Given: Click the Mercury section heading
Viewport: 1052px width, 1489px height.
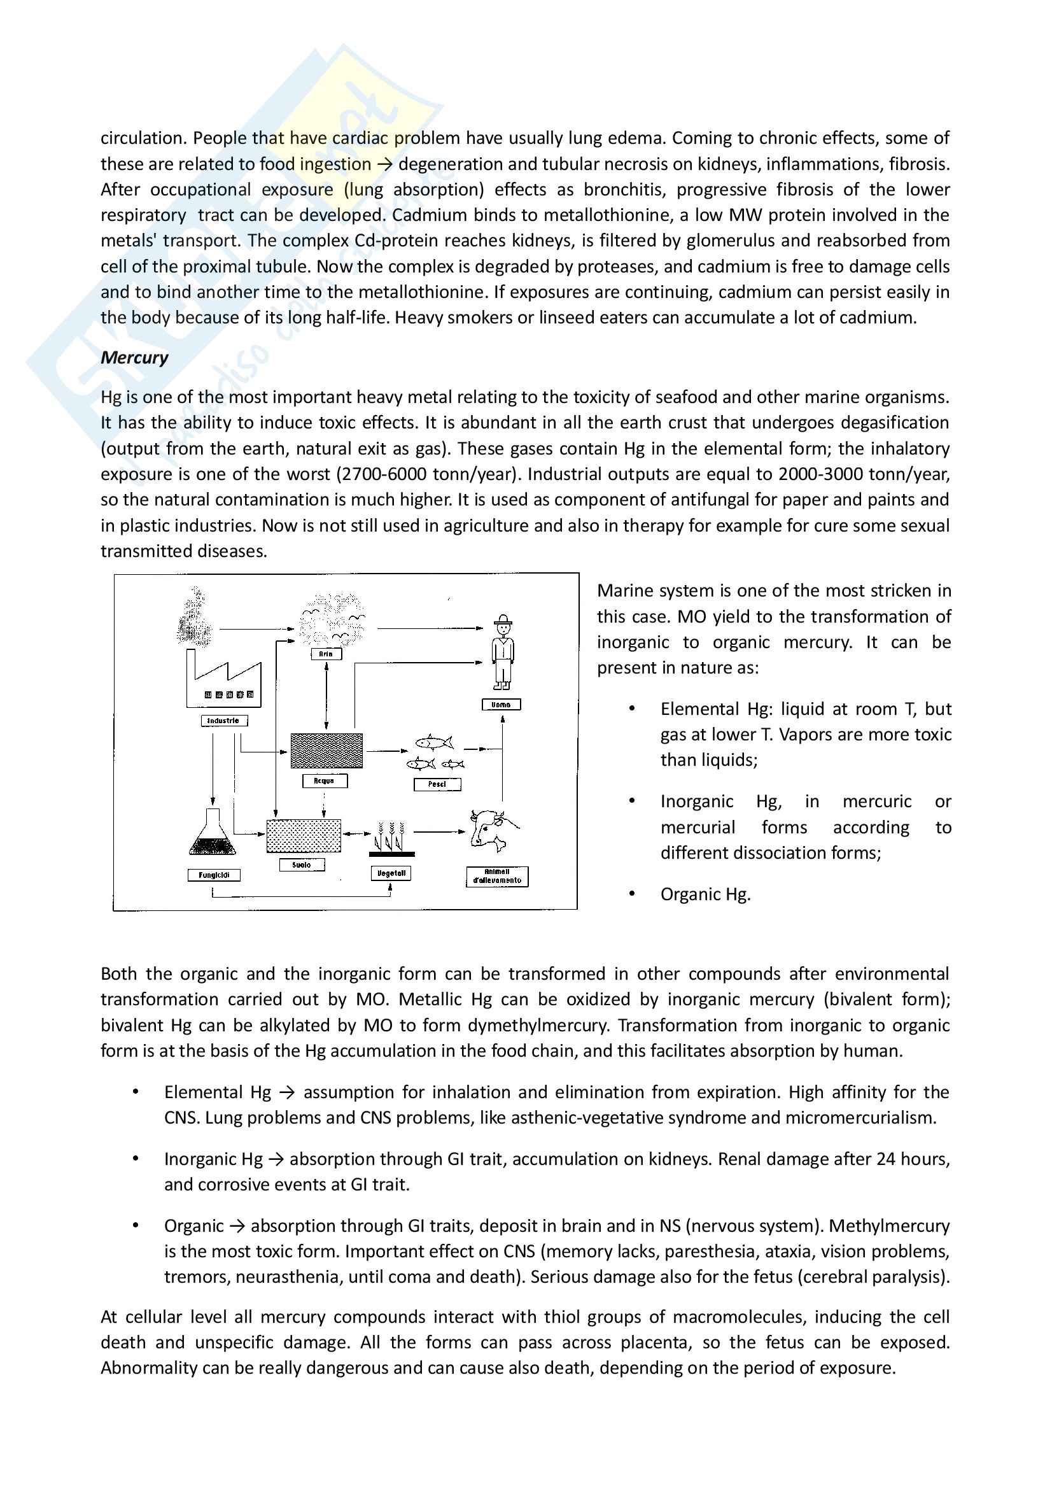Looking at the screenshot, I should pos(134,357).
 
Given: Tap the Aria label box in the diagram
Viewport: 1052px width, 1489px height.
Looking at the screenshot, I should pos(326,654).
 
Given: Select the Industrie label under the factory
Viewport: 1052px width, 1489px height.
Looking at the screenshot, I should pos(223,721).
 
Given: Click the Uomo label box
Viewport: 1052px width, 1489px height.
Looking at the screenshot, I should pos(501,704).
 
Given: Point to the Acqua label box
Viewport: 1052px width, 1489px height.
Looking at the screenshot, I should pos(324,781).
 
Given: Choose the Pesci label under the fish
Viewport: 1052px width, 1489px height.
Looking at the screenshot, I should pos(437,784).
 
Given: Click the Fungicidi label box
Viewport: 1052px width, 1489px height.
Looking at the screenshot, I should pos(214,875).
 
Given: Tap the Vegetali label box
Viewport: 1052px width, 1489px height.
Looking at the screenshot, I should pos(391,873).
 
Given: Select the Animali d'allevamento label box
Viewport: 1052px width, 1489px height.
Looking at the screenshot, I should pos(497,876).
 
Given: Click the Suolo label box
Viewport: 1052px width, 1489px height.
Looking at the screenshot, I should pos(302,864).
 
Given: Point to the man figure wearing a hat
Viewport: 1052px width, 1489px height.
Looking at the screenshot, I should pos(502,652).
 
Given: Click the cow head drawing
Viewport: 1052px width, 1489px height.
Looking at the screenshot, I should pos(491,830).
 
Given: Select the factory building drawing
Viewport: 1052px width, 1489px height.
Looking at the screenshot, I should pos(223,681).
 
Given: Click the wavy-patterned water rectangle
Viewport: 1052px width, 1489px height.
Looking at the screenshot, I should pos(326,751).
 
